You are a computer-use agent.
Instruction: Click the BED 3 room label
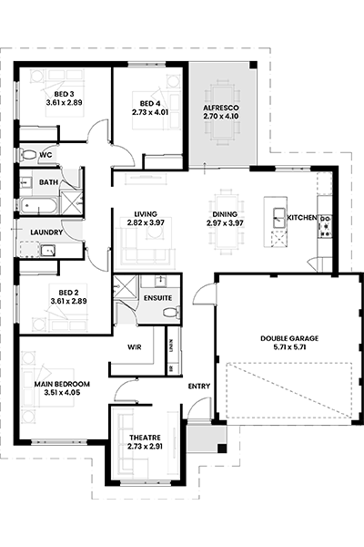(64, 94)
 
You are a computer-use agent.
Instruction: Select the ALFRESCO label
(221, 108)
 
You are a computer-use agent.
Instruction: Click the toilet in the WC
(28, 155)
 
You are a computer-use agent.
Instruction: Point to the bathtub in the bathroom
(38, 205)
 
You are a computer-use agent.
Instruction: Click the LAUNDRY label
(46, 232)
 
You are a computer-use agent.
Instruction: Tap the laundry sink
(47, 251)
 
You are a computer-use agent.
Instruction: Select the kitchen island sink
(279, 218)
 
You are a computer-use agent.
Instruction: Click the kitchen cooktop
(327, 226)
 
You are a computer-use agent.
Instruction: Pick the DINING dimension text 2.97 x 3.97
(225, 223)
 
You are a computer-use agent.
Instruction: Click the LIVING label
(146, 214)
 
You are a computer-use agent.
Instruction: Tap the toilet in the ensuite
(171, 312)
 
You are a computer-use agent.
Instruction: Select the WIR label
(135, 347)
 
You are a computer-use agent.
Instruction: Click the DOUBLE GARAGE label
(289, 338)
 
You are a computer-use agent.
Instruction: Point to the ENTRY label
(199, 387)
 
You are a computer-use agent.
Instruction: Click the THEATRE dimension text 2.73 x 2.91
(145, 446)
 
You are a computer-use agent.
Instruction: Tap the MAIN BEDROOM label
(62, 384)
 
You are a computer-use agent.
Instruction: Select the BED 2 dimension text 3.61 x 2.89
(68, 301)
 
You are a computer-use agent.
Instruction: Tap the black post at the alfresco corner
(253, 65)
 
